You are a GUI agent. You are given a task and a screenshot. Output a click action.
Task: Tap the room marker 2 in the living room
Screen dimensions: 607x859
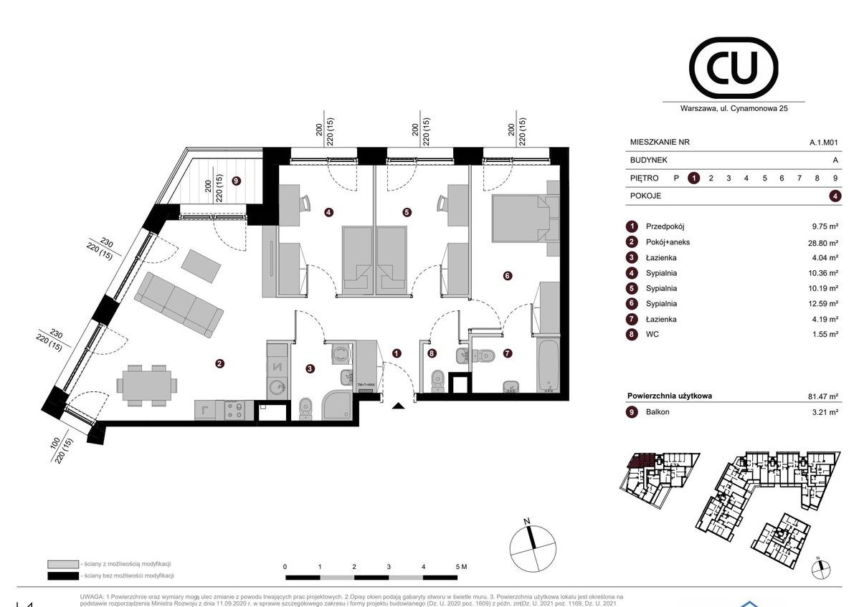click(x=219, y=364)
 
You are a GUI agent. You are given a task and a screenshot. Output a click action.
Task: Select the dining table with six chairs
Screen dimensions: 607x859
click(x=146, y=385)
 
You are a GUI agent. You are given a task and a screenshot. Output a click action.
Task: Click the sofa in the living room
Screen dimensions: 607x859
click(x=179, y=305)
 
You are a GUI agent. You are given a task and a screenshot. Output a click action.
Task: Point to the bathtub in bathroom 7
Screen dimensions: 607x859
click(x=549, y=367)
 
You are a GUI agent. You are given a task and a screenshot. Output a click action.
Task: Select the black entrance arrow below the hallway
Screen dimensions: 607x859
click(x=399, y=406)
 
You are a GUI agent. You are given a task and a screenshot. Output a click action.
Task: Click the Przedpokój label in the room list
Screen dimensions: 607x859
click(x=665, y=226)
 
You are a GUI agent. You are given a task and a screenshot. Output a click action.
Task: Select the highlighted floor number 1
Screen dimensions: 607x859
click(x=693, y=178)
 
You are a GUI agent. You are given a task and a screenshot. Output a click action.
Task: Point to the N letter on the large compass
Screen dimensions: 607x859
click(x=526, y=521)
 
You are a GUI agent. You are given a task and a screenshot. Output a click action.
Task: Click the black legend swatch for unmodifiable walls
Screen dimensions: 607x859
click(x=62, y=576)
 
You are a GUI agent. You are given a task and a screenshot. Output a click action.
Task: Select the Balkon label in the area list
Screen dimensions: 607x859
click(x=658, y=411)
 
